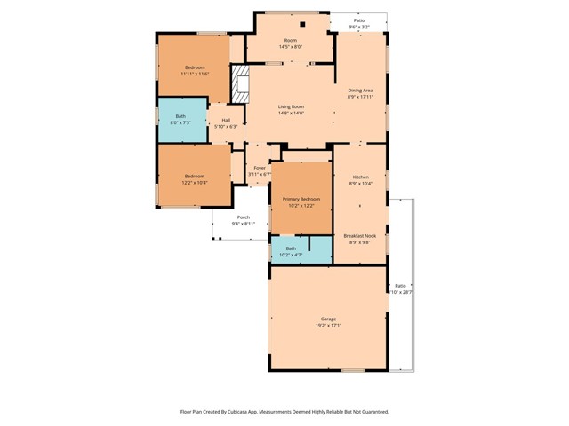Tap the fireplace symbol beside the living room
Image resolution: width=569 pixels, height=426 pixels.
[x=240, y=83]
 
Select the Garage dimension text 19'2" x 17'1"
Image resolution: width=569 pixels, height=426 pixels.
[x=329, y=326]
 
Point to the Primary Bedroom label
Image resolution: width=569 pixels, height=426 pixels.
[x=301, y=199]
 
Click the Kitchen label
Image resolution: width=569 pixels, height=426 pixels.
[x=360, y=177]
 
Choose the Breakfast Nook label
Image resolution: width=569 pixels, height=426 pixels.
[x=360, y=236]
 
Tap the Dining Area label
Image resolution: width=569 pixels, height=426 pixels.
[x=360, y=91]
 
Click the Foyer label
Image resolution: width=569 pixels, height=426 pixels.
[x=260, y=168]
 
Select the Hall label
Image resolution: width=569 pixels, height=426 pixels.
[x=226, y=120]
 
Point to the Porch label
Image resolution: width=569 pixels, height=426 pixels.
[x=243, y=217]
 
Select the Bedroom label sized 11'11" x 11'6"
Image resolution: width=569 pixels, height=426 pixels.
[x=195, y=68]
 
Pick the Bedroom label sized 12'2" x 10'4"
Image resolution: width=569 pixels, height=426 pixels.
[x=195, y=177]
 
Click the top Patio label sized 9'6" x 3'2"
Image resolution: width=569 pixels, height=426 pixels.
[x=358, y=20]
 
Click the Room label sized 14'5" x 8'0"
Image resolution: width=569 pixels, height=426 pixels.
[x=291, y=40]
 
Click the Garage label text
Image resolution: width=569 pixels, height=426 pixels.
[x=329, y=319]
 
